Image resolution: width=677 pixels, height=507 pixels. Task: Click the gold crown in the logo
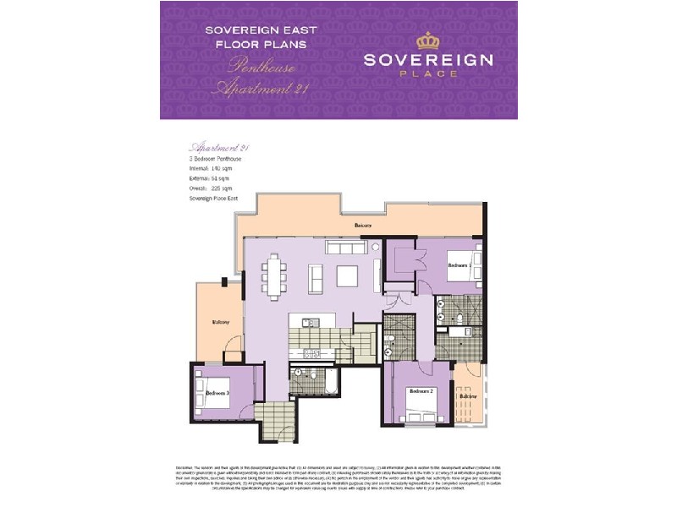(x=428, y=41)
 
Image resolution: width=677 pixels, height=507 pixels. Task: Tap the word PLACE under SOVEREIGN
(x=428, y=74)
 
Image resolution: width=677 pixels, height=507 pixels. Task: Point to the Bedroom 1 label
(x=459, y=265)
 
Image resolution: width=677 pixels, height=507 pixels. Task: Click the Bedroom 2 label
(x=421, y=392)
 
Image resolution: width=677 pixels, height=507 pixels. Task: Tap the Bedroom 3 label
(x=217, y=392)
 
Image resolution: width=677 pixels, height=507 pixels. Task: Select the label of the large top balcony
(x=363, y=226)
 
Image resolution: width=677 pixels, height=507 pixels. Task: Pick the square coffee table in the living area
(x=347, y=276)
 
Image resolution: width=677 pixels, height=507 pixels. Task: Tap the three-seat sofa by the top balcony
(x=344, y=248)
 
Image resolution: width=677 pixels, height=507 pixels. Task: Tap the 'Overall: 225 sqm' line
(x=209, y=188)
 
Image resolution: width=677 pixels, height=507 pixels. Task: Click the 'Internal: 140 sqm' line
(x=210, y=169)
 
